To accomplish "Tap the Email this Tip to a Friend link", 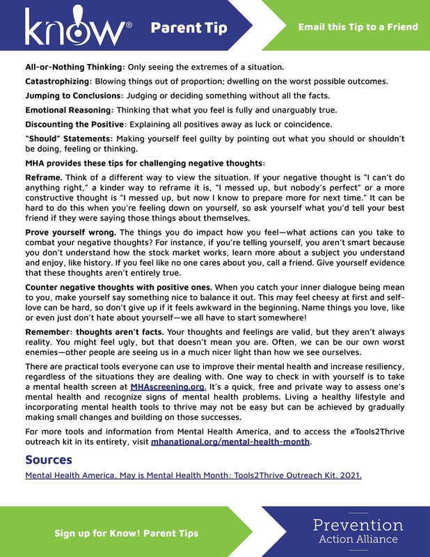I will point(358,27).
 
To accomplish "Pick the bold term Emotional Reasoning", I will point(67,110).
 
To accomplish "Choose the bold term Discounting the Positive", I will point(74,124).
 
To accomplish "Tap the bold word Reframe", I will point(45,178).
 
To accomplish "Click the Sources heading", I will point(49,460).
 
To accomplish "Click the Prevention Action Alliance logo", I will point(358,531).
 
